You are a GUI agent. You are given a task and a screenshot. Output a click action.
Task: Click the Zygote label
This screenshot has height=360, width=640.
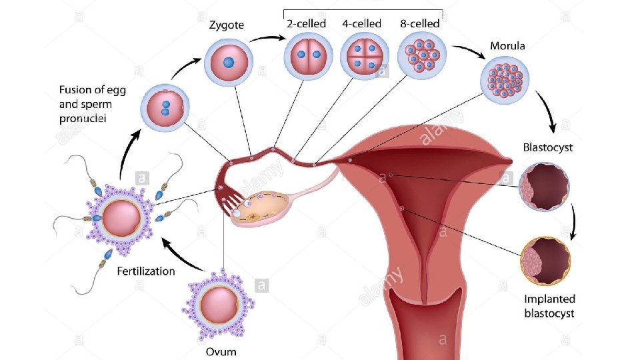[x=227, y=25]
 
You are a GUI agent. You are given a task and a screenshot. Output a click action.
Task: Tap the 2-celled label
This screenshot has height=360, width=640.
[x=306, y=24]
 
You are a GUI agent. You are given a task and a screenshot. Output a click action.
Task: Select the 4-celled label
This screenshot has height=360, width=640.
[x=362, y=24]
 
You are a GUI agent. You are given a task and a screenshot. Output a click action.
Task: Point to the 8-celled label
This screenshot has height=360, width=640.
[x=419, y=24]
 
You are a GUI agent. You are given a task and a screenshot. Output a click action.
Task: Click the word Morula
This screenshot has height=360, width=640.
[x=507, y=46]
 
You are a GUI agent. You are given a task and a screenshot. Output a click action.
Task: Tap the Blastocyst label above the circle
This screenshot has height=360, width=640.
[x=547, y=147]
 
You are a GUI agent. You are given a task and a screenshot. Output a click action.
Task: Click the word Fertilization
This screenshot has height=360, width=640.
[x=146, y=271]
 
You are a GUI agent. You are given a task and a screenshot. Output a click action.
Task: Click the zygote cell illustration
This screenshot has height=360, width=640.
[x=229, y=62]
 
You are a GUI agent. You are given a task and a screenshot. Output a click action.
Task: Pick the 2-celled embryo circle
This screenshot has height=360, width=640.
[x=307, y=55]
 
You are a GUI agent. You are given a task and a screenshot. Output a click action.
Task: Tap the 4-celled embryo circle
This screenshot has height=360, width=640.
[x=364, y=55]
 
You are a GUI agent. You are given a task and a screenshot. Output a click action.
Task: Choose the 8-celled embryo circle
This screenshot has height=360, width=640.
[x=421, y=55]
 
